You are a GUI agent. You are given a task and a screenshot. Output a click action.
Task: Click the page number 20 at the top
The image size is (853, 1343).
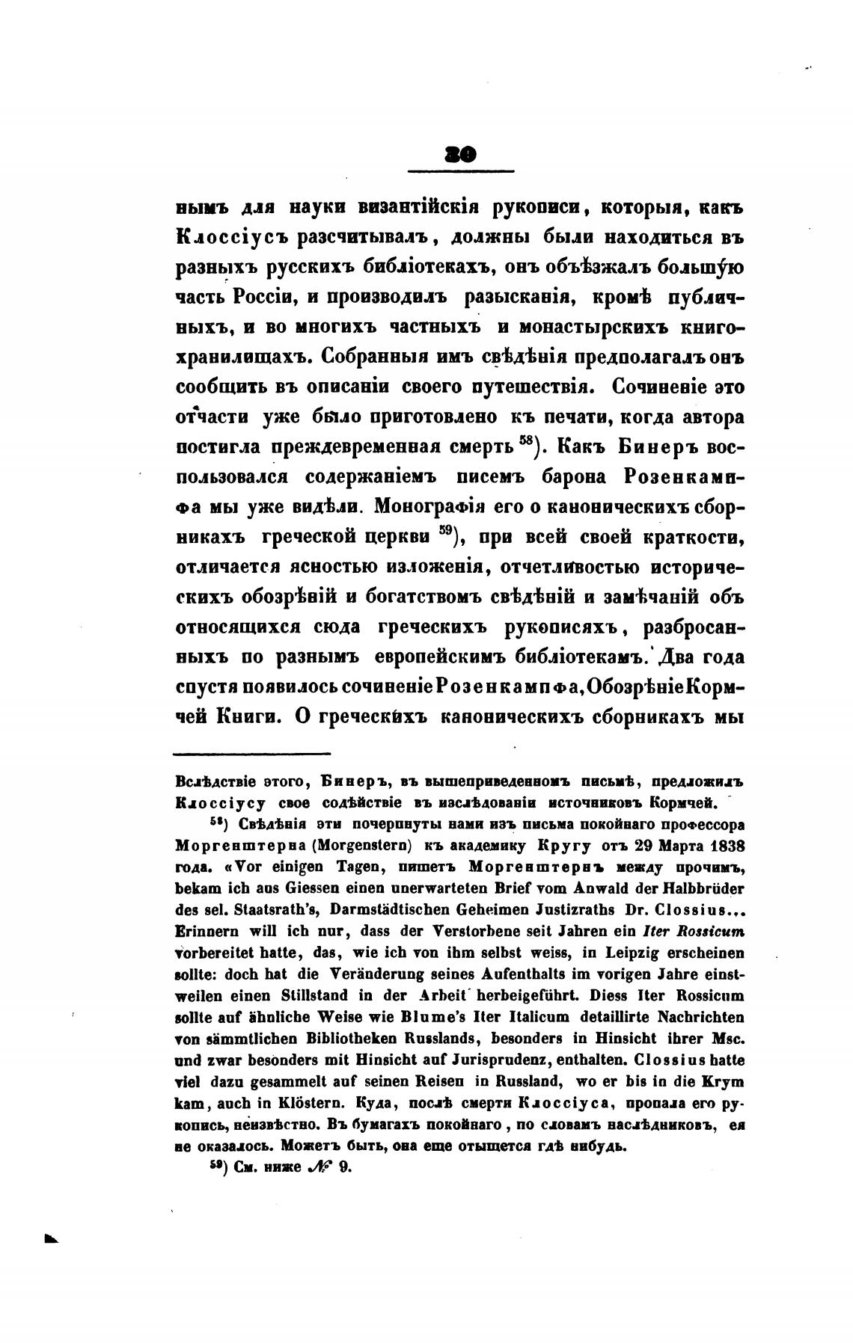tap(460, 155)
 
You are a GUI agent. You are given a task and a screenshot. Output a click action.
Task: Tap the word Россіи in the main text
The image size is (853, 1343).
tap(249, 298)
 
